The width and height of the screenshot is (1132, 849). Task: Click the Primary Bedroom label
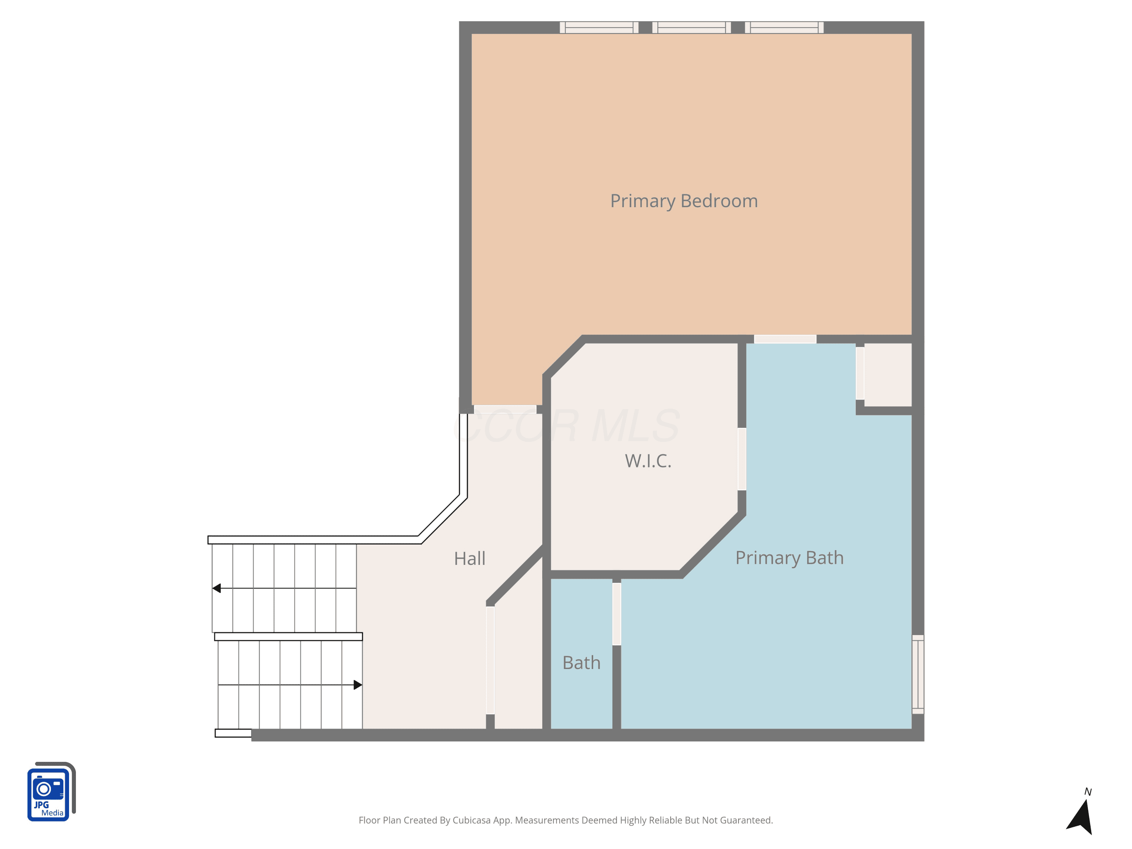(x=684, y=201)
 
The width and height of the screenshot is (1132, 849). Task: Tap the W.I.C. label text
(x=648, y=461)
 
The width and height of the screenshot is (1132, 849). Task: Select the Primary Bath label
(x=789, y=558)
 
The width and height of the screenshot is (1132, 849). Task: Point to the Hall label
(x=469, y=558)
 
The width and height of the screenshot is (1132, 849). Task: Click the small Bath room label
(x=581, y=663)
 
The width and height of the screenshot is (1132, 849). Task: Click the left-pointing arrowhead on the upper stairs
(x=217, y=589)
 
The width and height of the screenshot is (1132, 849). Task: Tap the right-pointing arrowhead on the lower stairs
(x=358, y=685)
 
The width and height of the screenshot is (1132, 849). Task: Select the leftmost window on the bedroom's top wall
(x=599, y=28)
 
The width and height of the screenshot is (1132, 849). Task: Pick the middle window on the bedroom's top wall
(x=691, y=28)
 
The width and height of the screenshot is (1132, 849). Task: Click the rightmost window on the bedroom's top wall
(x=784, y=28)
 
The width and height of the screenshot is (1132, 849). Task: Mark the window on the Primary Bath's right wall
(x=918, y=674)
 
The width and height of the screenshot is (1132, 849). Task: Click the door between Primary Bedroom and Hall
(x=505, y=409)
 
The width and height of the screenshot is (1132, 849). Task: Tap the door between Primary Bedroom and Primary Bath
(x=785, y=339)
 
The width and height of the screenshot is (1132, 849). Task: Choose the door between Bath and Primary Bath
(x=617, y=614)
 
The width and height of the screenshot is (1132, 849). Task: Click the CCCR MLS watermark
(x=566, y=426)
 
